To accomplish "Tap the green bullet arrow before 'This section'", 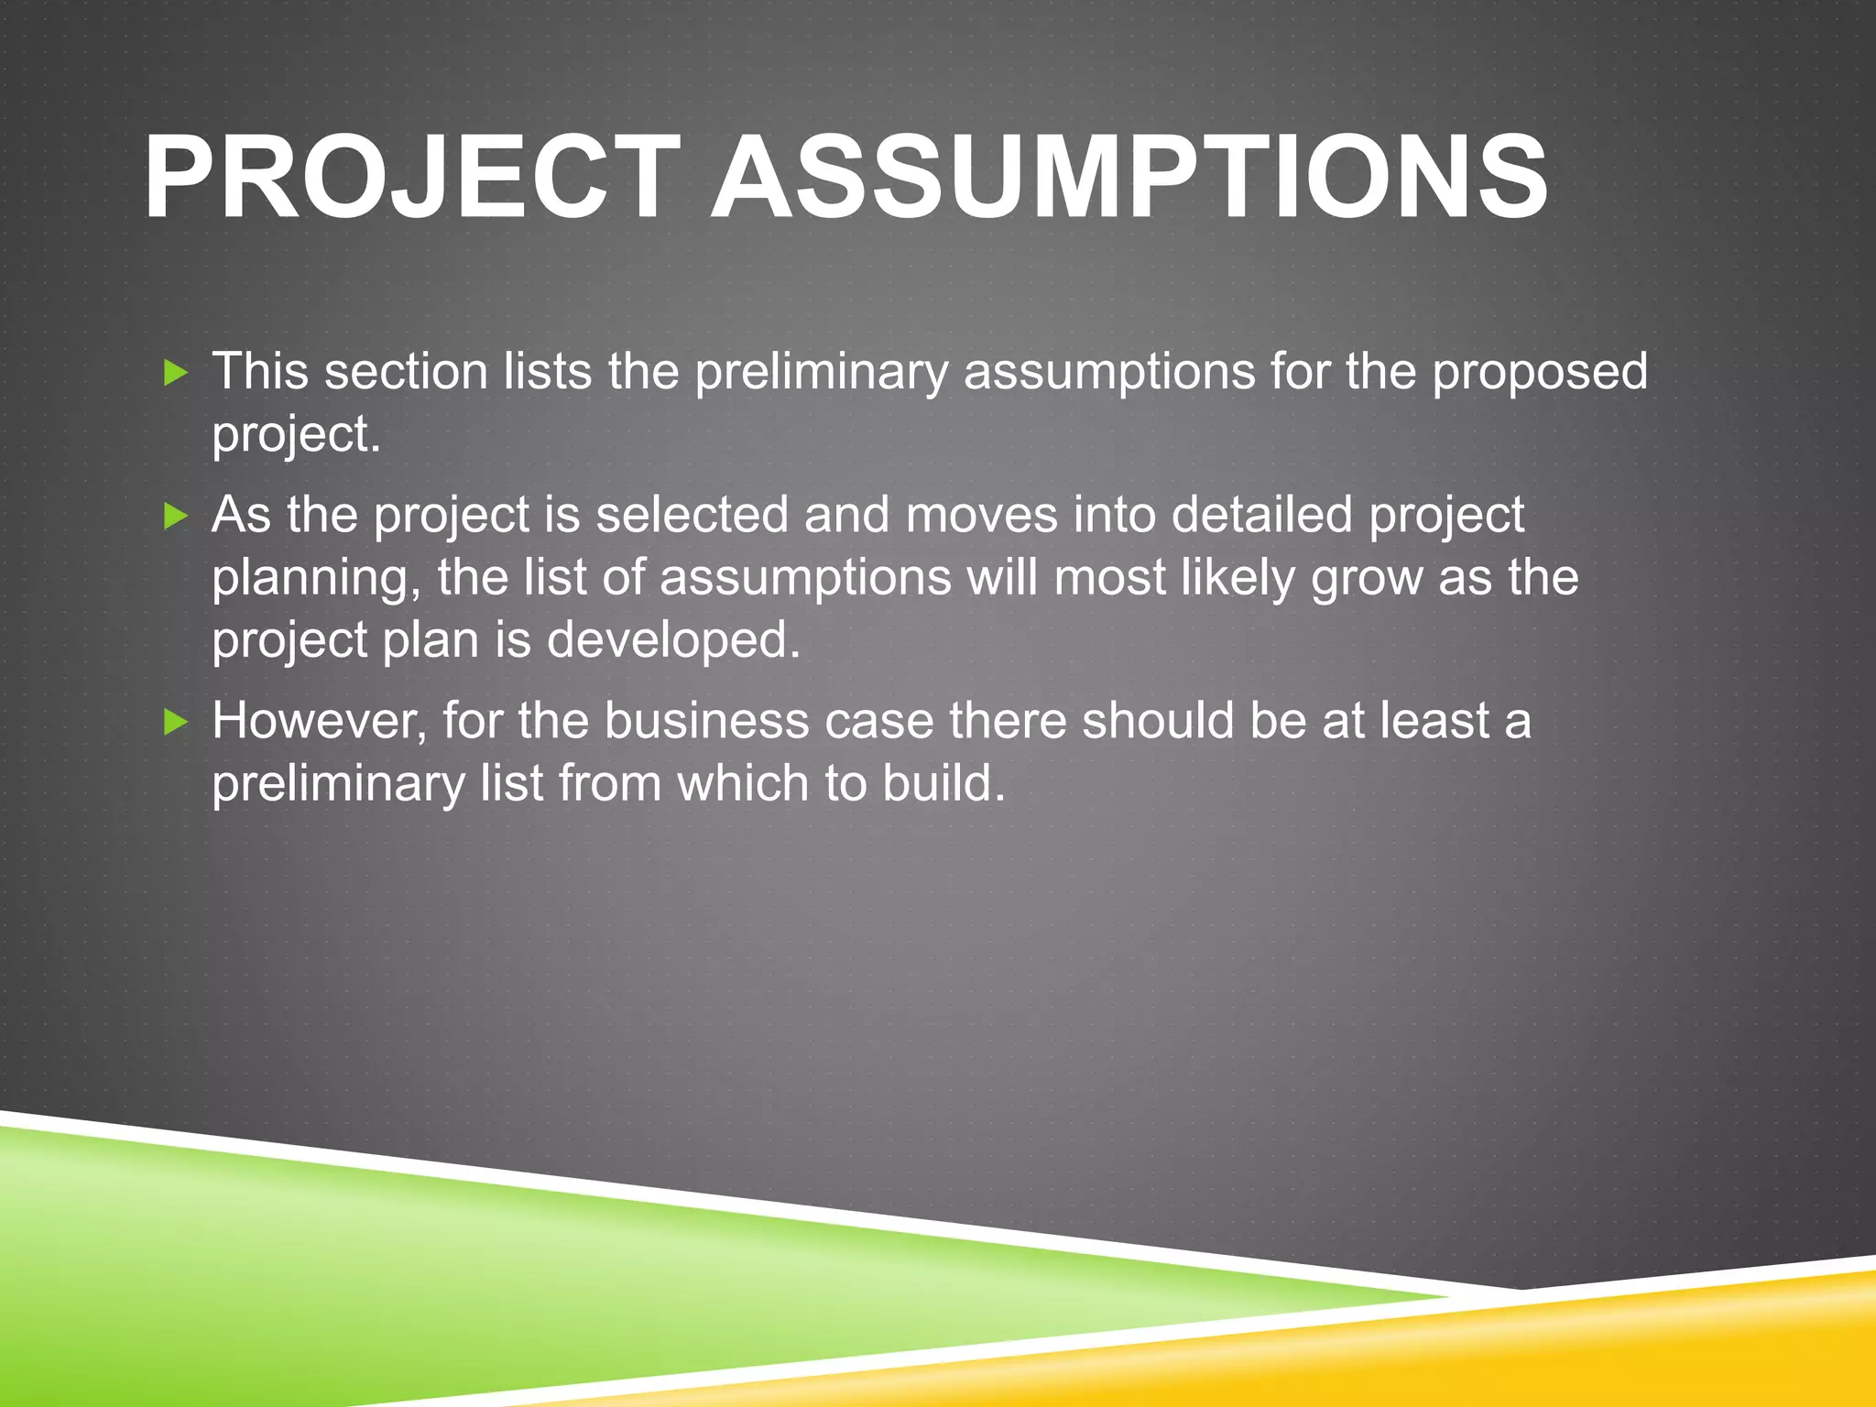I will point(175,373).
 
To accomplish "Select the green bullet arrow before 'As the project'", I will point(175,517).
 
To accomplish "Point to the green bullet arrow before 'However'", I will point(175,723).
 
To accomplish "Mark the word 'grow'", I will point(1366,580).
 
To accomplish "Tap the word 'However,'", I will point(320,722).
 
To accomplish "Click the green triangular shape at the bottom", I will point(366,1282).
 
